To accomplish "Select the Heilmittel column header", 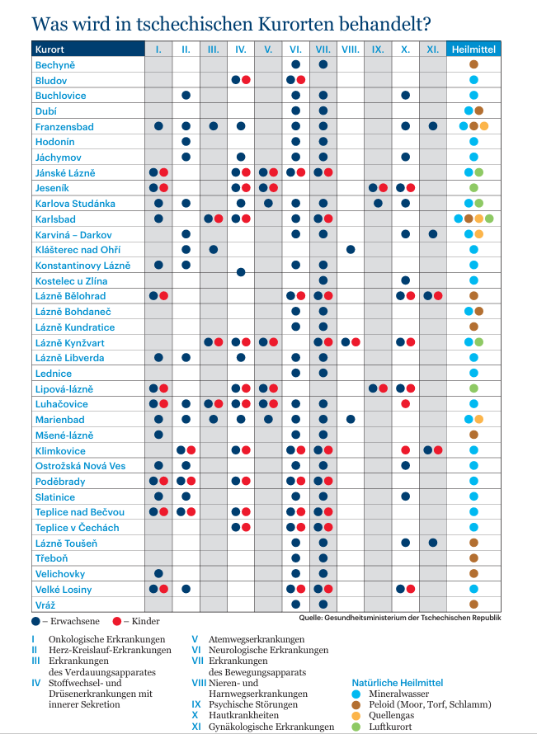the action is tap(473, 49).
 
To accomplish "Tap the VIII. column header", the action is tap(351, 49).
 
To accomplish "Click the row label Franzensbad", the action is tap(64, 126).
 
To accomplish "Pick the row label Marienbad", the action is tap(60, 420).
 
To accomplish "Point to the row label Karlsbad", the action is tap(55, 219).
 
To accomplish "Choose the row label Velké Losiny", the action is tap(64, 590).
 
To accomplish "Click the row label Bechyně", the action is tap(55, 65).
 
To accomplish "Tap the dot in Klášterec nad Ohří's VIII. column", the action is tap(351, 250).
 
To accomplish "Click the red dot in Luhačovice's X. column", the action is tap(406, 404).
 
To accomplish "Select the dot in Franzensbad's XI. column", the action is tap(433, 126).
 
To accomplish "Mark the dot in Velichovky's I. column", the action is tap(158, 573).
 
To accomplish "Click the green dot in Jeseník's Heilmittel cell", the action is tap(473, 188).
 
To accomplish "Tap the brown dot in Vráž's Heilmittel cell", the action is tap(473, 605).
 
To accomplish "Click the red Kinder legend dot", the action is tap(117, 621).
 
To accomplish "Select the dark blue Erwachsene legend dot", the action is tap(35, 621).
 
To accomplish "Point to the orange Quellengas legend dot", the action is tap(356, 715).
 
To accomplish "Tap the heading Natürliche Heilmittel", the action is tap(398, 683).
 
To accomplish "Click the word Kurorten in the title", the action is tap(296, 24).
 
